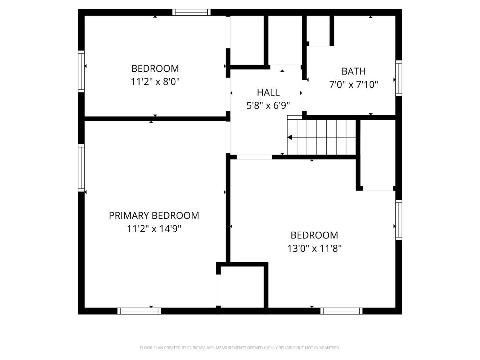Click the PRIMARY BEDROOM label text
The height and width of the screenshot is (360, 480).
[x=154, y=216]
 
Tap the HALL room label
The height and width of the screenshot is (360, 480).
[x=268, y=92]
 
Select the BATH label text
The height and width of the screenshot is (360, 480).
[x=353, y=71]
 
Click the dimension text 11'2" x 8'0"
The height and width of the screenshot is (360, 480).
[x=155, y=82]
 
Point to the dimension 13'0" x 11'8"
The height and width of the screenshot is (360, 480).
[x=314, y=249]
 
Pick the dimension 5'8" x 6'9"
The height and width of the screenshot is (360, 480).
[x=268, y=106]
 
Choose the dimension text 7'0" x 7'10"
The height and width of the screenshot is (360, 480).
[x=354, y=85]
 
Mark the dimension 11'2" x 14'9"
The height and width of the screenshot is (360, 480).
[x=154, y=229]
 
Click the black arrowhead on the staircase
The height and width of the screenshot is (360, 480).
[x=290, y=138]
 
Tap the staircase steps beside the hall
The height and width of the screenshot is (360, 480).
[x=323, y=137]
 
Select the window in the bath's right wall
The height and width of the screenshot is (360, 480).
[x=399, y=78]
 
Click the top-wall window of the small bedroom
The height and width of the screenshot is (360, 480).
[x=191, y=12]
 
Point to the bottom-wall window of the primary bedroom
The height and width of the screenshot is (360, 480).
[x=139, y=311]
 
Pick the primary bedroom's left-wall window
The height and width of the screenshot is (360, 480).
[x=81, y=168]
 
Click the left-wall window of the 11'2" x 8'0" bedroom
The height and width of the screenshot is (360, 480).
[x=81, y=71]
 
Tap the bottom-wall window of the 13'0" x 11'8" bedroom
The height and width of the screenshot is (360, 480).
[x=341, y=311]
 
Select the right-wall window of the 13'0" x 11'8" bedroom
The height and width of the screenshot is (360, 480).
[x=399, y=220]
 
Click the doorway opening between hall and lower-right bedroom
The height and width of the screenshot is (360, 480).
[x=254, y=157]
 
